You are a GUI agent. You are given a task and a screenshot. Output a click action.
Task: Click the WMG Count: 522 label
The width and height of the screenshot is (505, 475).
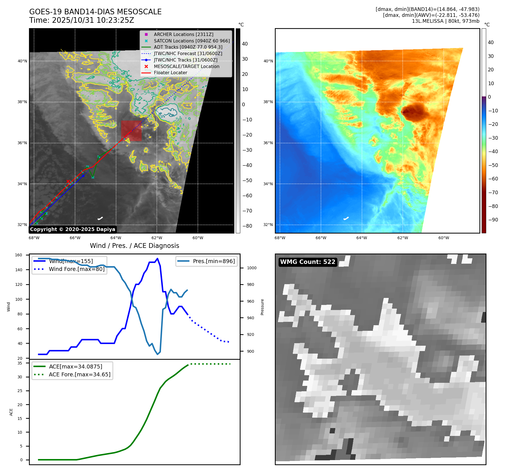(308, 262)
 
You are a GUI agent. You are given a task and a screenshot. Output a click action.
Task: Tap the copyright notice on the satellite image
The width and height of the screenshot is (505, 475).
(73, 229)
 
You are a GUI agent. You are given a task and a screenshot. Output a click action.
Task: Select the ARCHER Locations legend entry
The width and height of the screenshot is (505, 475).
(184, 34)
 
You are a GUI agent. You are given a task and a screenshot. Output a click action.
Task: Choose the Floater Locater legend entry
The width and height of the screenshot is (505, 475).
(170, 73)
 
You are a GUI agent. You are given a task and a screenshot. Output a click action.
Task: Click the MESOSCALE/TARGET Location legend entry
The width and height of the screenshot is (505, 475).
(186, 66)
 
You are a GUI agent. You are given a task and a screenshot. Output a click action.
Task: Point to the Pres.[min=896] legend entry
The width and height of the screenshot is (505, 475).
(214, 261)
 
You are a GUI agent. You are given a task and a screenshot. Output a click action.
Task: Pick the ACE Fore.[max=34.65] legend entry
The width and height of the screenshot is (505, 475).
(80, 374)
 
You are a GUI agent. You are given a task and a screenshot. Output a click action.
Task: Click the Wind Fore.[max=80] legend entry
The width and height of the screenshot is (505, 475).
(76, 269)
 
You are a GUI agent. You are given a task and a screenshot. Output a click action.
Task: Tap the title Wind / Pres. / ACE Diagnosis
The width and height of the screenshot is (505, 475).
(134, 246)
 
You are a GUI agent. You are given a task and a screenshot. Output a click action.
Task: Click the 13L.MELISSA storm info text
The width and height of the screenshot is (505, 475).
(445, 21)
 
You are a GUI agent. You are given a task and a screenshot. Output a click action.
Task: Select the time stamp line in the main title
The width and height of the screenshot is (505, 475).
(81, 20)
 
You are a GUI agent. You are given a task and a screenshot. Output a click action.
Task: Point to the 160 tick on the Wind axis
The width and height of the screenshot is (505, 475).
(19, 255)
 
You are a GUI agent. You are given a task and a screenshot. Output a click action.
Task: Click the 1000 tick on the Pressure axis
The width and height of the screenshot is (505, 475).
(252, 268)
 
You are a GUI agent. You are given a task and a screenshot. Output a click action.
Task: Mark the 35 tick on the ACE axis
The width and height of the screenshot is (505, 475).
(20, 363)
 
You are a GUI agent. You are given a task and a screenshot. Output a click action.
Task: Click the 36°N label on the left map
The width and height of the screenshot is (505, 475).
(22, 143)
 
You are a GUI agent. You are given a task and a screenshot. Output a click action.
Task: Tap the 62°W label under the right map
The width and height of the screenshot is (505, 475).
(402, 238)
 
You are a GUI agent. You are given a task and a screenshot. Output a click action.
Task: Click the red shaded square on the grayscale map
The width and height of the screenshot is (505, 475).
(131, 131)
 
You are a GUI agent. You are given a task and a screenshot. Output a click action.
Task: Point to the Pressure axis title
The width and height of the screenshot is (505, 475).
(262, 307)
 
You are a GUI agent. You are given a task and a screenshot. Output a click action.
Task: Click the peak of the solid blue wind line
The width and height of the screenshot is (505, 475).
(157, 259)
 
